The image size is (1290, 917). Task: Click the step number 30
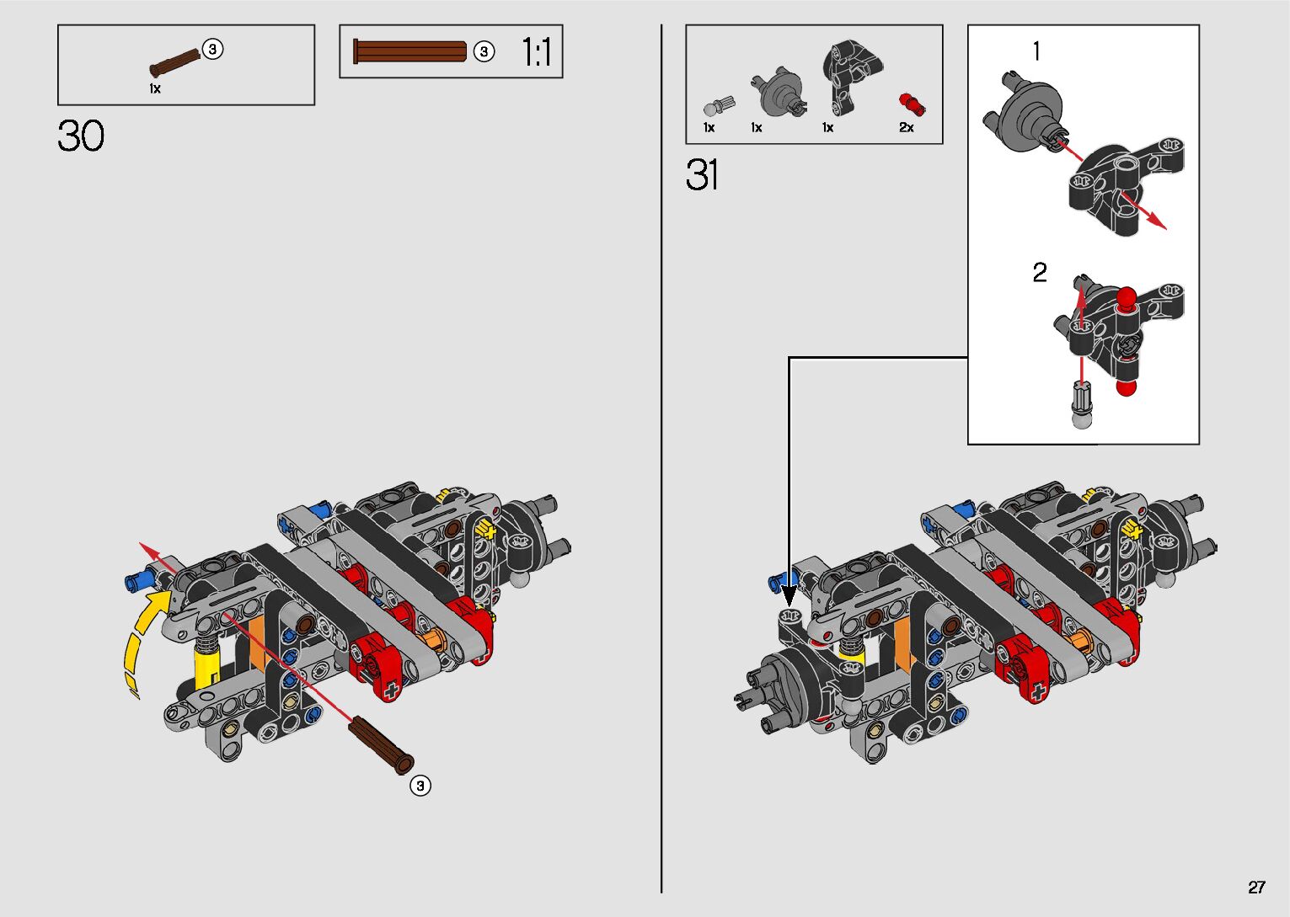pos(81,136)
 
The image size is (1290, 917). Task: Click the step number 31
pos(702,176)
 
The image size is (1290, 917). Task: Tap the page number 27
pos(1256,887)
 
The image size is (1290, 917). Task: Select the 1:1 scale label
pos(536,52)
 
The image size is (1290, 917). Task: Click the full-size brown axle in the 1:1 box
pos(410,51)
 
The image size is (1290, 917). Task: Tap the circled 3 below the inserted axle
pos(420,786)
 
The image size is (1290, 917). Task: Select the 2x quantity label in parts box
pos(906,127)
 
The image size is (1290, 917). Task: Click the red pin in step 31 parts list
pos(911,104)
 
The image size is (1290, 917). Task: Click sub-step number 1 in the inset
pos(1036,52)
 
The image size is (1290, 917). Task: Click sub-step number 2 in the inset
pos(1040,273)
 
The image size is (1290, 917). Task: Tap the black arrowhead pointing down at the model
pos(790,596)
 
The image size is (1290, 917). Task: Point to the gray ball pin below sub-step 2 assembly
pos(1082,406)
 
